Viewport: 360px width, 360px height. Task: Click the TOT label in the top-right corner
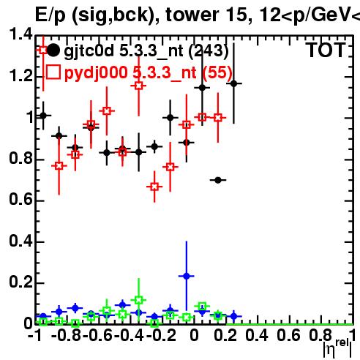tap(326, 50)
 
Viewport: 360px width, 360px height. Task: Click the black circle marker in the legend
tap(53, 50)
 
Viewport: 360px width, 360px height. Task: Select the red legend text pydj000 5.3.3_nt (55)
tap(149, 72)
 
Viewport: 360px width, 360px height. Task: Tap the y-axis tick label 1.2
tap(21, 77)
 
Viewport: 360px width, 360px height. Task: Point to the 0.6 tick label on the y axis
tap(21, 200)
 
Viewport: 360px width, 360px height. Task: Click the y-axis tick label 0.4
tap(21, 241)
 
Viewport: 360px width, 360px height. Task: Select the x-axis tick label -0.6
tap(97, 336)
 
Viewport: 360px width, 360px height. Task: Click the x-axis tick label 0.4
tap(257, 336)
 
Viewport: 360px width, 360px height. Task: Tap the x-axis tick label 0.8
tap(320, 336)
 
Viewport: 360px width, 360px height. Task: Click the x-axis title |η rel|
tap(337, 348)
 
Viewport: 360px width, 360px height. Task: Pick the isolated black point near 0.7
tap(218, 180)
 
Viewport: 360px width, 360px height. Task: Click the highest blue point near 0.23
tap(187, 276)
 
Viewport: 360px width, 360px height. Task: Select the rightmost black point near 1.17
tap(234, 83)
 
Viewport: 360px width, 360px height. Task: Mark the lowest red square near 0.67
tap(154, 187)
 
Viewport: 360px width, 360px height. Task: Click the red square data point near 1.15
tap(138, 86)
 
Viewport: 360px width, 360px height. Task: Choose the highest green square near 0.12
tap(138, 300)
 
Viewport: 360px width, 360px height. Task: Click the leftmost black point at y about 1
tap(43, 116)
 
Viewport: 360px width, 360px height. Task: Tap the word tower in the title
tap(191, 15)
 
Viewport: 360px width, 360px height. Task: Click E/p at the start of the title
tap(50, 15)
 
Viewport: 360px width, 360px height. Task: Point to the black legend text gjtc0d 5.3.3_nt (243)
tap(146, 50)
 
